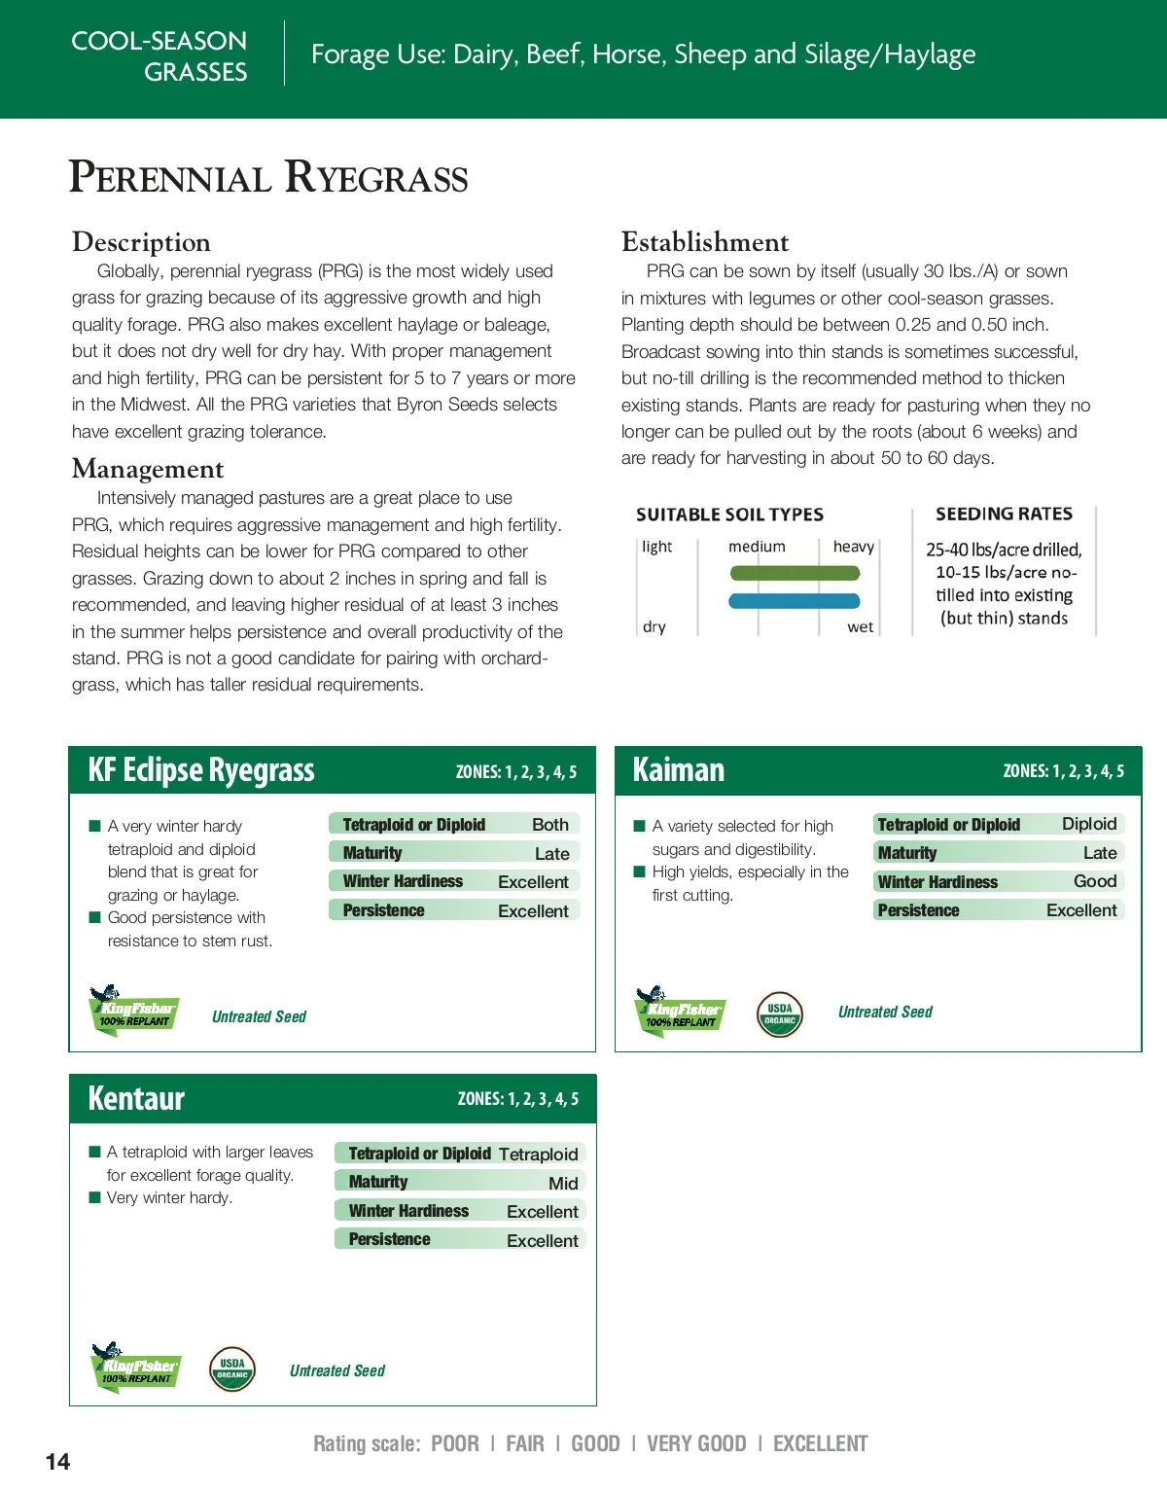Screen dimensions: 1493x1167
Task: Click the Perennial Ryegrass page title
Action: pyautogui.click(x=268, y=178)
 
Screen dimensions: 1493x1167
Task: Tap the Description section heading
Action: pyautogui.click(x=141, y=242)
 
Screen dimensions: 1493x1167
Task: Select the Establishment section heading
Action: pyautogui.click(x=705, y=242)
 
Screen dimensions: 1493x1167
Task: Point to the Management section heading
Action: pyautogui.click(x=148, y=469)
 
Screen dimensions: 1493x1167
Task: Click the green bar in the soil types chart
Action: pyautogui.click(x=795, y=574)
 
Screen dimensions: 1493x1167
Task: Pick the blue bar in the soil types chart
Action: pyautogui.click(x=795, y=601)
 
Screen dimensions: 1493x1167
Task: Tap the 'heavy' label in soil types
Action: pyautogui.click(x=853, y=547)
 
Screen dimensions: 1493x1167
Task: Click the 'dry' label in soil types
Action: pyautogui.click(x=654, y=627)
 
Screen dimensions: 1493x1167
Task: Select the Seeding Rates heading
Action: pyautogui.click(x=1004, y=514)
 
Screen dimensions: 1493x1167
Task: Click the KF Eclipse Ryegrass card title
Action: pyautogui.click(x=201, y=770)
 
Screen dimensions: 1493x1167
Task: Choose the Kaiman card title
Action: pyautogui.click(x=679, y=770)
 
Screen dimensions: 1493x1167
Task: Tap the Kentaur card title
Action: pyautogui.click(x=136, y=1098)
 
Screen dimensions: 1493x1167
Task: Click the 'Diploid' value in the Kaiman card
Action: pyautogui.click(x=1089, y=824)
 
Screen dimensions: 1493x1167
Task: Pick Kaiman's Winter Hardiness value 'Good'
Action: pyautogui.click(x=1095, y=881)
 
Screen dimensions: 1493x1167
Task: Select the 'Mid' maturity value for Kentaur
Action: pyautogui.click(x=563, y=1183)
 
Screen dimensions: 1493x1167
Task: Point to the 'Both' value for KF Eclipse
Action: pyautogui.click(x=550, y=824)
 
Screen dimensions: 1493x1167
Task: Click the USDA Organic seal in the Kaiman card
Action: pyautogui.click(x=780, y=1014)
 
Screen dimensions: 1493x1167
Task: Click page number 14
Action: pyautogui.click(x=57, y=1462)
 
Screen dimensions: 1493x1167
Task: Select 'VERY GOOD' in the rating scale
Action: pyautogui.click(x=696, y=1444)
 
